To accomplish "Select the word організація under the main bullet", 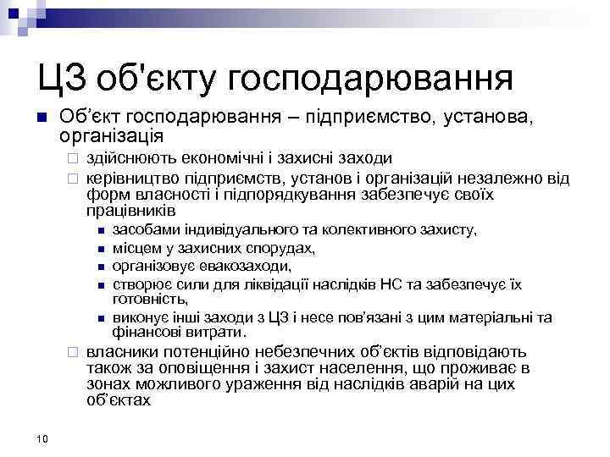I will [x=112, y=135].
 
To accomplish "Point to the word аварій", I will [x=423, y=384].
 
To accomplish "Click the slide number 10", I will [x=43, y=437].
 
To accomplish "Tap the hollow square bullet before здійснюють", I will [x=74, y=158].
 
